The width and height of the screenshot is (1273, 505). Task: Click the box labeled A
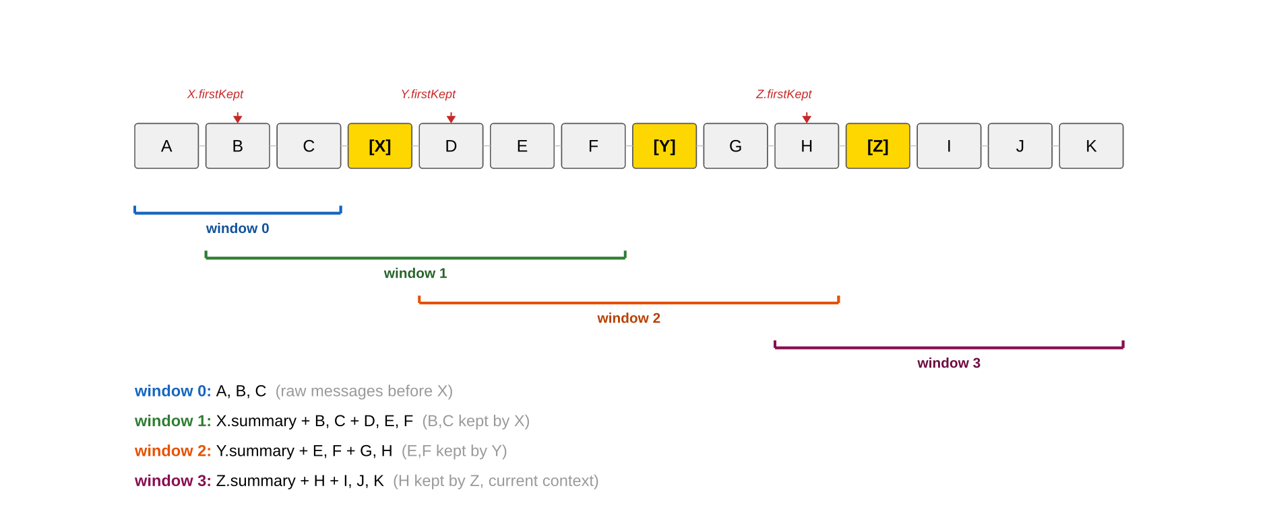[x=166, y=146]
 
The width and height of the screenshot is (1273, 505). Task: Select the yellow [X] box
[x=380, y=146]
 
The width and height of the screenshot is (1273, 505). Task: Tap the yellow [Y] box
[x=664, y=146]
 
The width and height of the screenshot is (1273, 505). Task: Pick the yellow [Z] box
[x=877, y=146]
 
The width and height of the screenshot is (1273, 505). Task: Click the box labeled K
[x=1091, y=146]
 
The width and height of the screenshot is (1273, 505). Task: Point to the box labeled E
[x=522, y=146]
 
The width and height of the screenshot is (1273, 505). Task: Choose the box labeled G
[x=735, y=146]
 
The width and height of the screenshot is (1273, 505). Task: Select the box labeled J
[x=1020, y=146]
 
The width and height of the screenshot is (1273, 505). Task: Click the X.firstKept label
[x=215, y=94]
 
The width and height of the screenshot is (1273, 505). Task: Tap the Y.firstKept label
[x=428, y=94]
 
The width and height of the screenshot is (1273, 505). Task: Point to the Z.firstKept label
[x=784, y=94]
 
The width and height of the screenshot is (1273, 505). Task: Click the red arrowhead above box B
[x=238, y=119]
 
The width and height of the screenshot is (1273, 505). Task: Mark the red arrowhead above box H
[x=807, y=119]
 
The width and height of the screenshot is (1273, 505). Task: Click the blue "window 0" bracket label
[x=237, y=228]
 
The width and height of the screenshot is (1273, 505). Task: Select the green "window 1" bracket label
[x=415, y=273]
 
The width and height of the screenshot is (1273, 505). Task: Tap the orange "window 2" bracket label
[x=629, y=318]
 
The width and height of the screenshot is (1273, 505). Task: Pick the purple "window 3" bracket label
[x=949, y=363]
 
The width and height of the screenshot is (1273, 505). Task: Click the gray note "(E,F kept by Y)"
[x=454, y=451]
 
